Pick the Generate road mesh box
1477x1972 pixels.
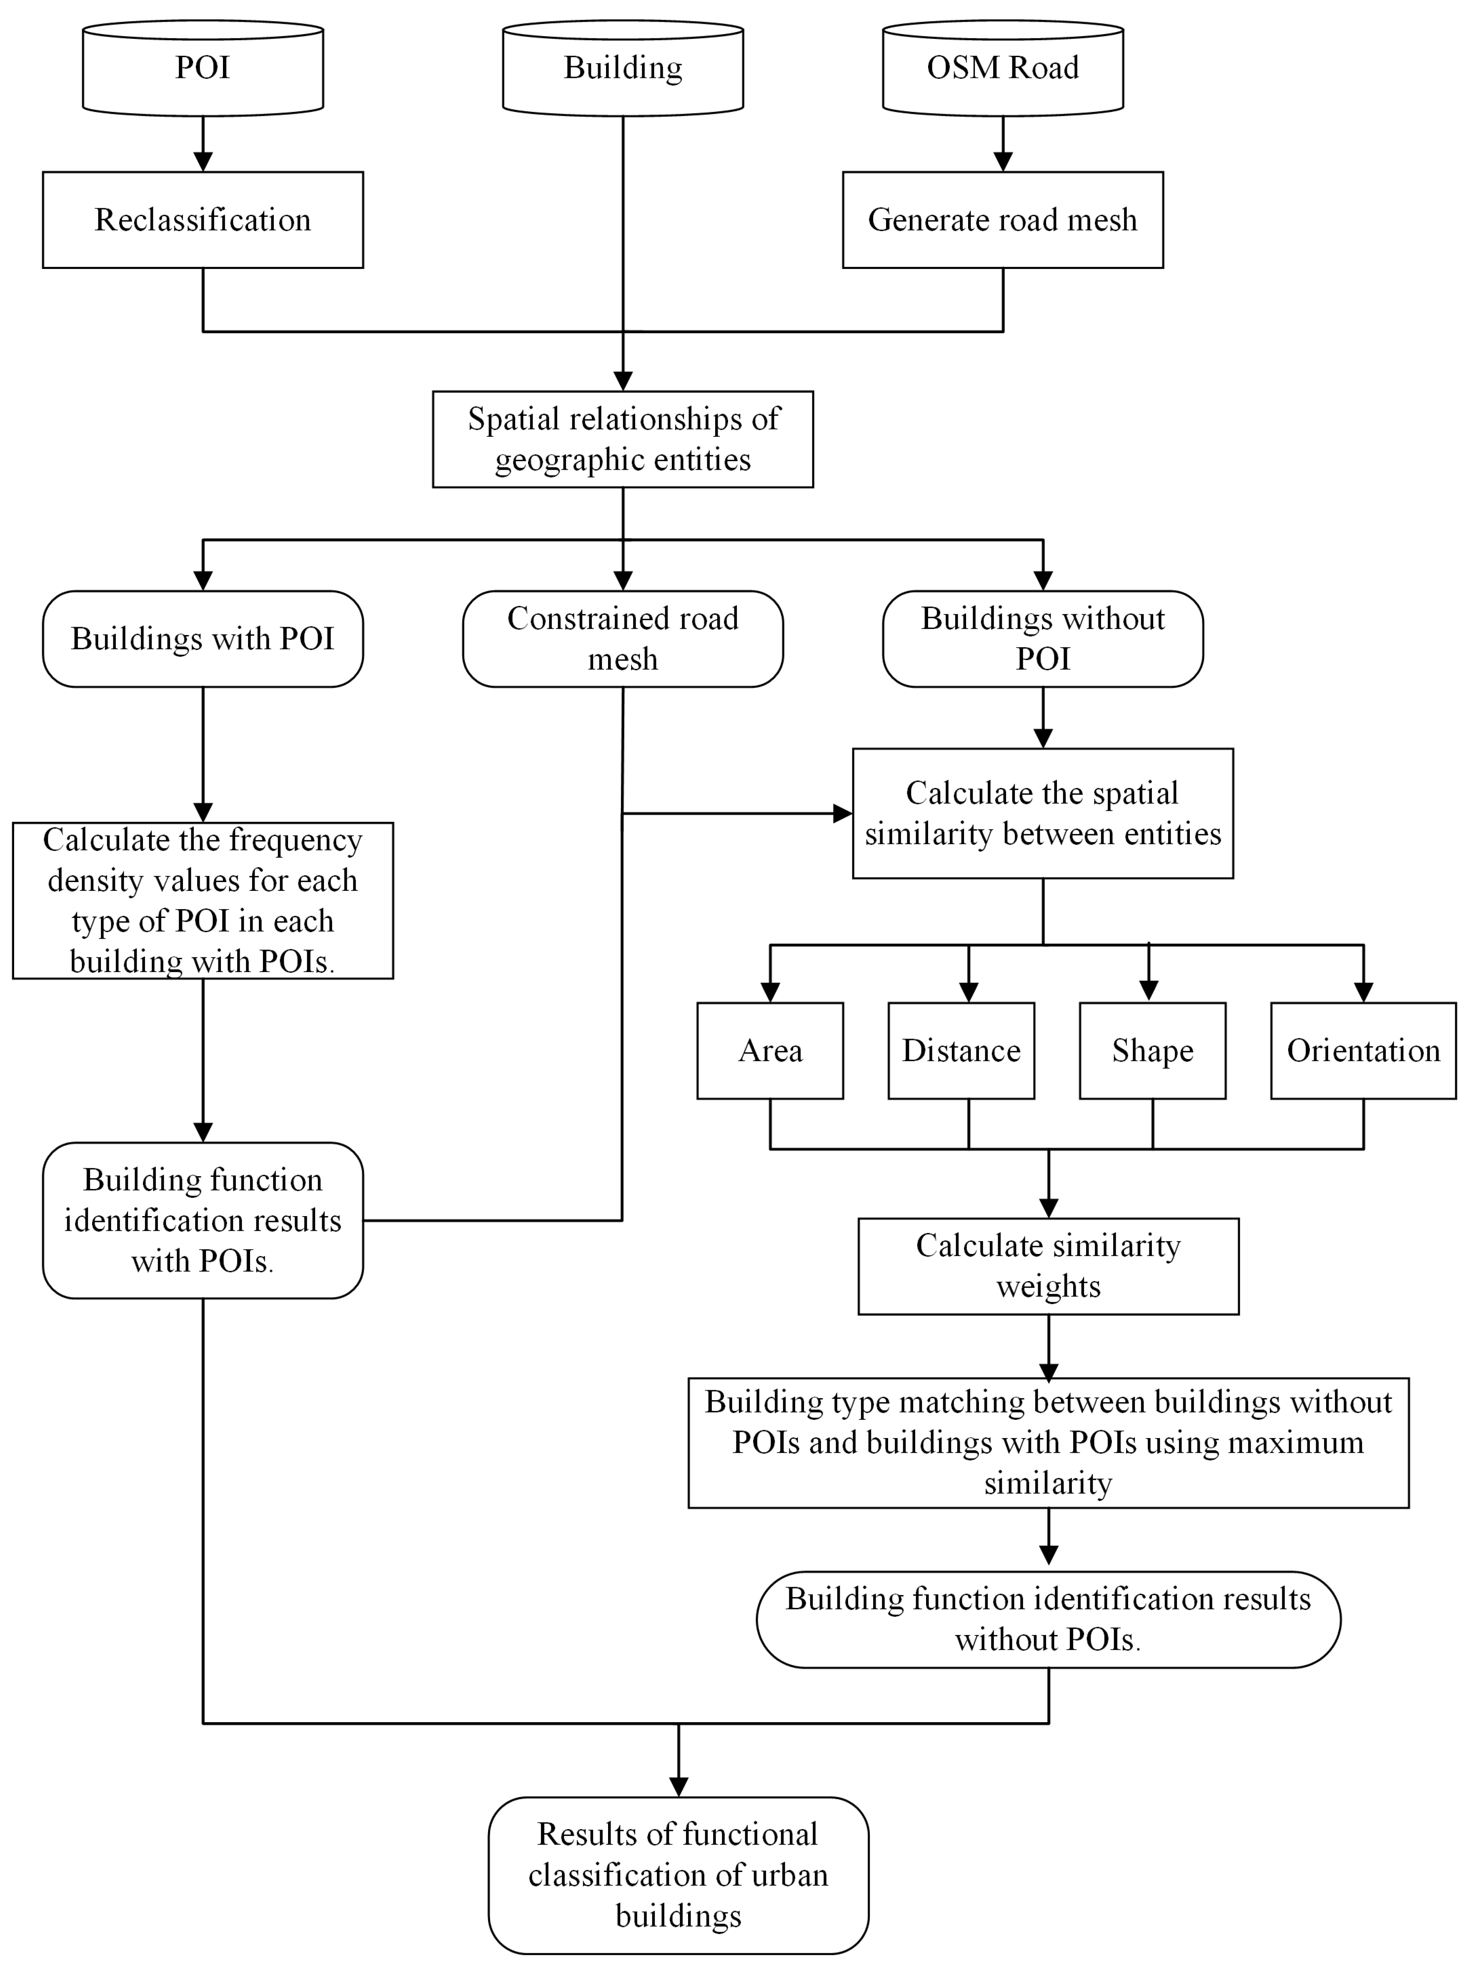click(x=1002, y=219)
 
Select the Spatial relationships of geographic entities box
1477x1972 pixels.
click(x=623, y=439)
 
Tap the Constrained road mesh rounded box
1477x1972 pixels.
click(x=623, y=638)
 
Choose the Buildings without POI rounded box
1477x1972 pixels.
click(x=1043, y=638)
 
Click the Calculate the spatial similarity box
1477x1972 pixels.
click(x=1043, y=813)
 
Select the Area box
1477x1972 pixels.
click(x=770, y=1050)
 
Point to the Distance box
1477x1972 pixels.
click(x=961, y=1050)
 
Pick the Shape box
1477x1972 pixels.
click(x=1152, y=1050)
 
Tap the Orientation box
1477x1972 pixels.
click(x=1363, y=1050)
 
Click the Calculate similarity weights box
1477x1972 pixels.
click(x=1048, y=1266)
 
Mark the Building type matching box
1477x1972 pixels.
click(x=1048, y=1442)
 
